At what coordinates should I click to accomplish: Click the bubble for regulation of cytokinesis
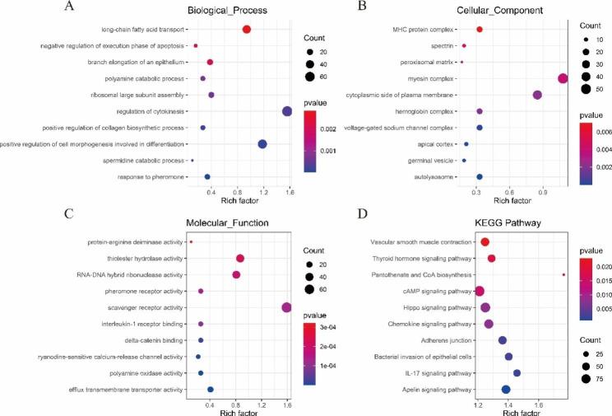tap(287, 111)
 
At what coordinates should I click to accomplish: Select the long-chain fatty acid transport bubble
tap(247, 30)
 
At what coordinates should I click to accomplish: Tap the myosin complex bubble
tap(563, 78)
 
